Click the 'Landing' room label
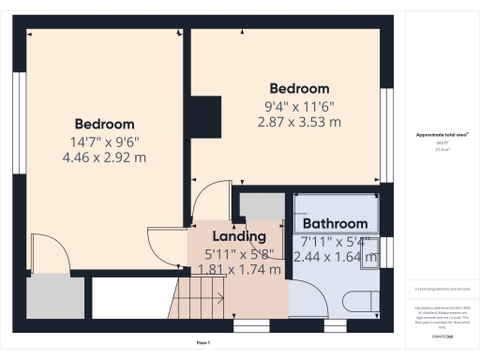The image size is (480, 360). tap(239, 236)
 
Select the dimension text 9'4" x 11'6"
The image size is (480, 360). tap(299, 106)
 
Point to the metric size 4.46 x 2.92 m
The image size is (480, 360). tap(104, 157)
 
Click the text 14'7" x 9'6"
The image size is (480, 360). tap(104, 142)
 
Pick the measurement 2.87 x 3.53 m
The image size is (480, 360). tap(299, 122)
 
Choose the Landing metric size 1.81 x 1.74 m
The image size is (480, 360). tap(239, 270)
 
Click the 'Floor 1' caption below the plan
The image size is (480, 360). tap(202, 344)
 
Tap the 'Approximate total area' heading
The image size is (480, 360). tap(442, 135)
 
